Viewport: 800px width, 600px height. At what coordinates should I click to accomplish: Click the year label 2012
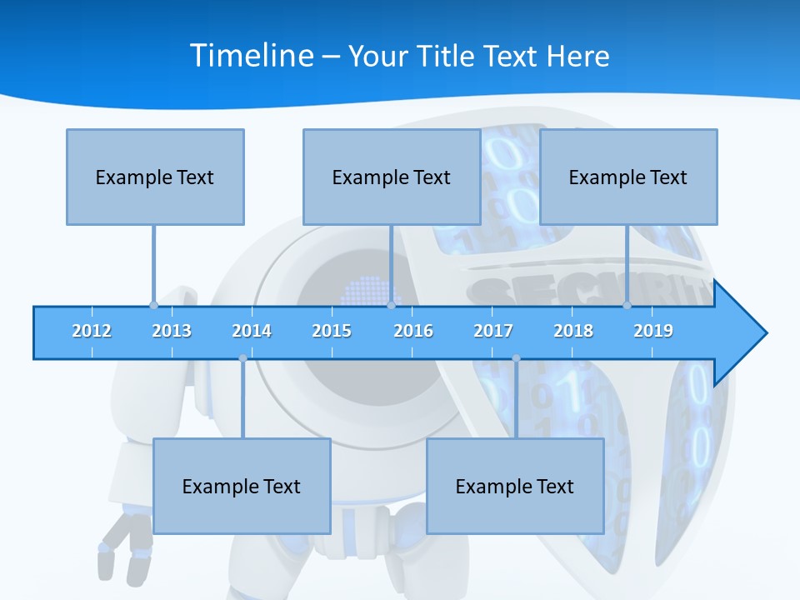point(92,331)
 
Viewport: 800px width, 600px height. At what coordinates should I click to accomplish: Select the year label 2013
point(172,331)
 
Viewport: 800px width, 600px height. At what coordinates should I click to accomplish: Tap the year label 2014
point(252,331)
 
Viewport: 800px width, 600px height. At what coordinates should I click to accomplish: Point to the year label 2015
point(332,331)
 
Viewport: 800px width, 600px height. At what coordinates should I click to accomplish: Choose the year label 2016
point(413,331)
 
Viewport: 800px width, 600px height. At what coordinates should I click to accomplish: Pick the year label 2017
point(493,331)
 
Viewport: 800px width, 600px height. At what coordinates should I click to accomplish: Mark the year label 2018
point(573,331)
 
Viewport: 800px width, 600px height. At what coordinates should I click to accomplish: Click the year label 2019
point(653,331)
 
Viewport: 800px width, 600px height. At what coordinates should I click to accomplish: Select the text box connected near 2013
point(155,177)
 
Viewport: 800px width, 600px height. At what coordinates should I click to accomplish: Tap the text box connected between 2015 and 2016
point(392,177)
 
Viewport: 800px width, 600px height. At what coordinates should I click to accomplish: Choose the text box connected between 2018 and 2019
point(628,177)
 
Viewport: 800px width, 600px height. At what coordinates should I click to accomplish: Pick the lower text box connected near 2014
point(242,486)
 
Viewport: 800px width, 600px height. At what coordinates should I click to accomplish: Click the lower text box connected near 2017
point(515,486)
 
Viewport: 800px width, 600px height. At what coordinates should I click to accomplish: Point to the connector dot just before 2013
point(153,305)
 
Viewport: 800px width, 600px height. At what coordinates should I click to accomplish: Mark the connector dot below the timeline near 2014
point(242,358)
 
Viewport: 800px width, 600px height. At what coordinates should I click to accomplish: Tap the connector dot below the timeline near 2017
point(516,358)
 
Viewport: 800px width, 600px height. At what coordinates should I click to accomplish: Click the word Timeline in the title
point(251,55)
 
